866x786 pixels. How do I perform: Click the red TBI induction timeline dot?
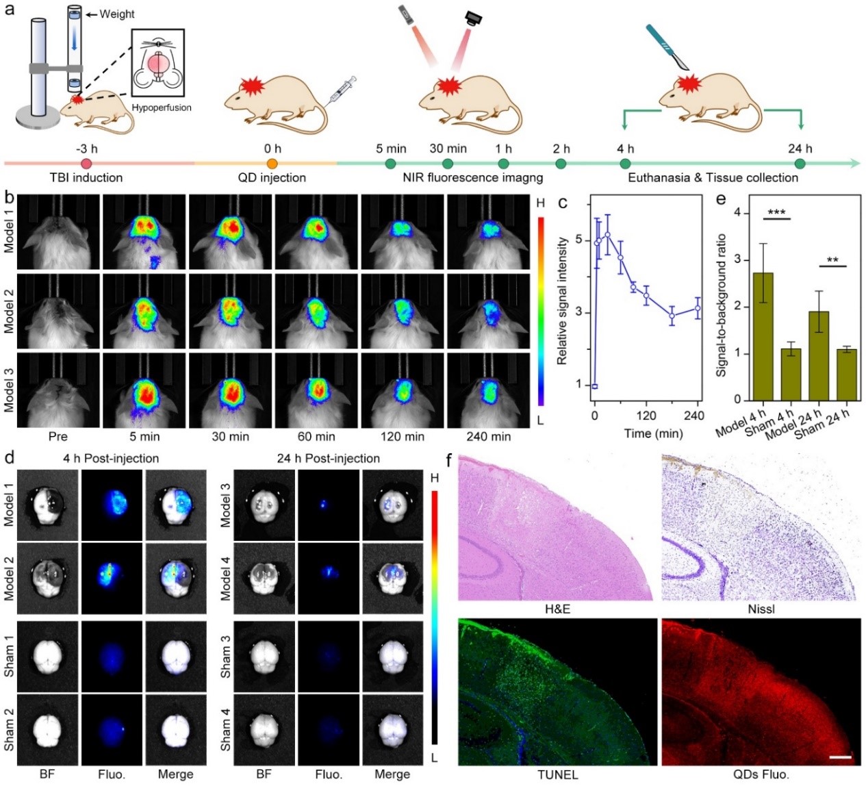[x=86, y=164]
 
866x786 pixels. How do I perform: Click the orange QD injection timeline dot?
[x=272, y=164]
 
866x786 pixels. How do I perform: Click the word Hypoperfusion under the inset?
[x=162, y=107]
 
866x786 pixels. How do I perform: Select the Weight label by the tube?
[x=117, y=14]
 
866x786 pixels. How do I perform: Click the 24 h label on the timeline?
[x=800, y=149]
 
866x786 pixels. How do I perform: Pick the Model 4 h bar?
[x=763, y=336]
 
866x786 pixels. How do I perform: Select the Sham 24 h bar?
[x=847, y=374]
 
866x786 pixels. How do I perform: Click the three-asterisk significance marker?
[x=776, y=212]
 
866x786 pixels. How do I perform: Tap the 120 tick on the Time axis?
[x=646, y=415]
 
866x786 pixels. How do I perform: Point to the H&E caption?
[x=557, y=609]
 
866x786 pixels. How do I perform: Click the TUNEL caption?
[x=557, y=775]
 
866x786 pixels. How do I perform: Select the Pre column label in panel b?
[x=58, y=436]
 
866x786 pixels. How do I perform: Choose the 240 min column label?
[x=488, y=436]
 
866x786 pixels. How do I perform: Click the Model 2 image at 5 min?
[x=144, y=311]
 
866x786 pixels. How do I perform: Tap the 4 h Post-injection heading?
[x=111, y=458]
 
